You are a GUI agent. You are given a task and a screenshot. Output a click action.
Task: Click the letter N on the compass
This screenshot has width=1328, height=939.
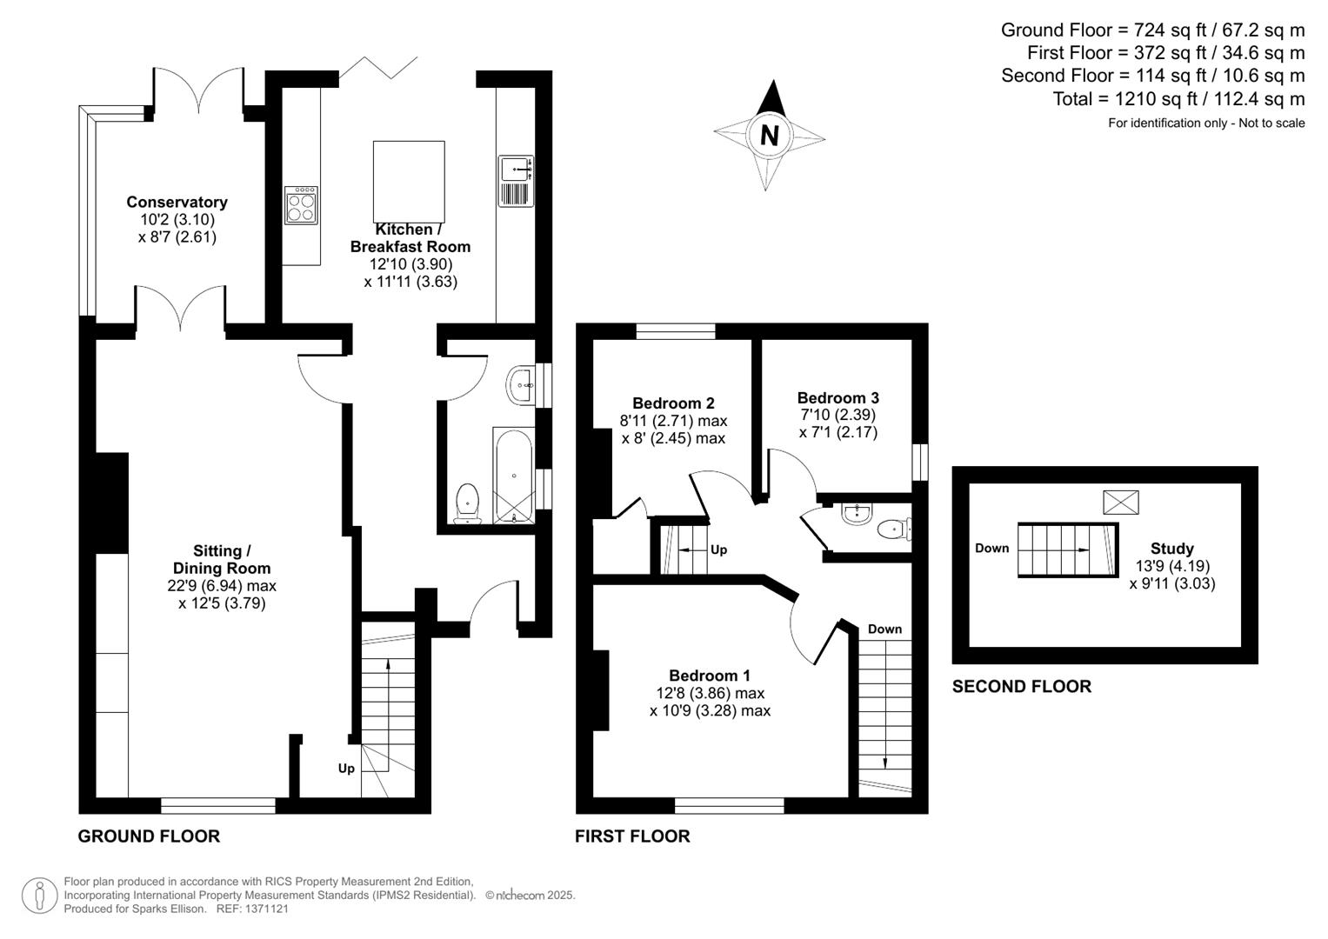pyautogui.click(x=769, y=136)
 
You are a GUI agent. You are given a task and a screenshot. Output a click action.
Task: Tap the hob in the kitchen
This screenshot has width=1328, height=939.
pyautogui.click(x=301, y=205)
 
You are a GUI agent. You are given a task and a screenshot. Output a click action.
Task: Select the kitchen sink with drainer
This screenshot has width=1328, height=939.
pyautogui.click(x=516, y=181)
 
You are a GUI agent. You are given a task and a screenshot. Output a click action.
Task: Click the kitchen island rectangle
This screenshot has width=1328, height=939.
pyautogui.click(x=409, y=182)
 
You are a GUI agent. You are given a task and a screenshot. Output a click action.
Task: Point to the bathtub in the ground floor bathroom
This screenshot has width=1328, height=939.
pyautogui.click(x=513, y=476)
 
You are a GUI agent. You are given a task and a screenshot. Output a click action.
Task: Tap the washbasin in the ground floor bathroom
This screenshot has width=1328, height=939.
pyautogui.click(x=520, y=384)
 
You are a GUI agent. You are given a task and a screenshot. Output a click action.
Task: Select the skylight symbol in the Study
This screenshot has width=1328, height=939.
pyautogui.click(x=1120, y=503)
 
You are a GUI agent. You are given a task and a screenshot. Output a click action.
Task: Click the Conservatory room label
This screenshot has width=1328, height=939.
pyautogui.click(x=177, y=202)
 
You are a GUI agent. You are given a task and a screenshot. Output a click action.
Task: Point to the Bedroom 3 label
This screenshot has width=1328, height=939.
pyautogui.click(x=838, y=398)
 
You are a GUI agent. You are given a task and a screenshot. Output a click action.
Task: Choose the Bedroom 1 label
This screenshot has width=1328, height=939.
pyautogui.click(x=710, y=676)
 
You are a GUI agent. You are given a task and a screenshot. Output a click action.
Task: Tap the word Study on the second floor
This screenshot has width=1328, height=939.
pyautogui.click(x=1172, y=549)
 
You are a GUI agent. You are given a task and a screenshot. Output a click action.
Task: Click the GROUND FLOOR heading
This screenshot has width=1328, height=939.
pyautogui.click(x=149, y=836)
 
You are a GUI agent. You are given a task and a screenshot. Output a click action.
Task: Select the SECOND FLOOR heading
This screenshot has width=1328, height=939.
pyautogui.click(x=1022, y=686)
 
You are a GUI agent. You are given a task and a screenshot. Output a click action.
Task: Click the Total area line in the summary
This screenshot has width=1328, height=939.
pyautogui.click(x=1178, y=98)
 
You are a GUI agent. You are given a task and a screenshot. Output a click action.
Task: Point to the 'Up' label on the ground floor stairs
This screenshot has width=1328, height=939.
pyautogui.click(x=346, y=769)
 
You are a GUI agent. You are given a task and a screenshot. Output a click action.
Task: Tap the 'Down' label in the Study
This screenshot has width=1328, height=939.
pyautogui.click(x=991, y=548)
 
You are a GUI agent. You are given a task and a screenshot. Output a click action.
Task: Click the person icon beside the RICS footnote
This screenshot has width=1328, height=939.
pyautogui.click(x=40, y=896)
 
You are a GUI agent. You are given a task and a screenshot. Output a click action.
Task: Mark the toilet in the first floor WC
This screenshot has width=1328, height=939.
pyautogui.click(x=893, y=529)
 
